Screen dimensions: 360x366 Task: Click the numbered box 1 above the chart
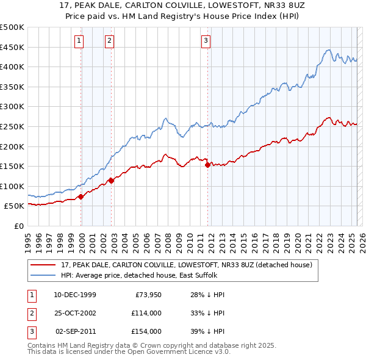[80, 41]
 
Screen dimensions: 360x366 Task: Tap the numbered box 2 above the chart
[109, 41]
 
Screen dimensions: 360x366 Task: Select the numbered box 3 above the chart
[206, 41]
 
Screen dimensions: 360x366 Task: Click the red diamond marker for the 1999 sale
[81, 196]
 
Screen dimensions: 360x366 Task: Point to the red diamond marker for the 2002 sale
[112, 180]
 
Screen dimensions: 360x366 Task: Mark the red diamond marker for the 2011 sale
[207, 164]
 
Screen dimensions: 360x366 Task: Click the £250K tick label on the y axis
[12, 126]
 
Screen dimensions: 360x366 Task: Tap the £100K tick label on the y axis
[12, 186]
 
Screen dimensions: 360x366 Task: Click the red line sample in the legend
[43, 265]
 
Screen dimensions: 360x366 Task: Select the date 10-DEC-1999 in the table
[75, 295]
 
